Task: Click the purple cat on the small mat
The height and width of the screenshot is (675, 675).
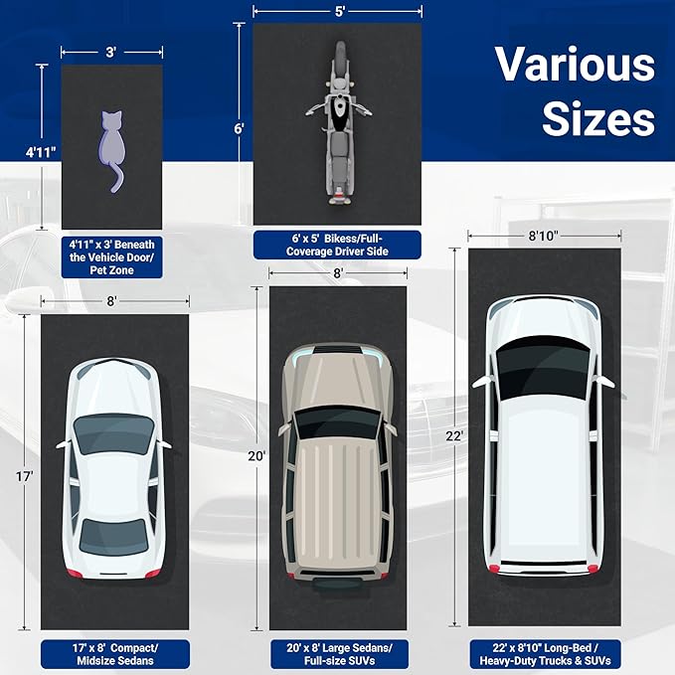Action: pyautogui.click(x=111, y=146)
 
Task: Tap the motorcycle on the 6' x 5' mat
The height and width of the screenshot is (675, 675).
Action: pyautogui.click(x=339, y=122)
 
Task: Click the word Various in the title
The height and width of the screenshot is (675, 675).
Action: pyautogui.click(x=576, y=65)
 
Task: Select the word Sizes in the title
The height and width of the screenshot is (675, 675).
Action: pyautogui.click(x=598, y=118)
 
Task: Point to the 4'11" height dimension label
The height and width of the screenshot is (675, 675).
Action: pyautogui.click(x=41, y=152)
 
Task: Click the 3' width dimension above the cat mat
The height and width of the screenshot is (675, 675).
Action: pyautogui.click(x=111, y=52)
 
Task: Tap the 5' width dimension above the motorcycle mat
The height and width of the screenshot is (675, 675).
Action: pyautogui.click(x=340, y=12)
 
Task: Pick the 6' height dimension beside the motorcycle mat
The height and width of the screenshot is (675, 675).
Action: pyautogui.click(x=240, y=128)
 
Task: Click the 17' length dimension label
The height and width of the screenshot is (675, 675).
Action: pyautogui.click(x=25, y=476)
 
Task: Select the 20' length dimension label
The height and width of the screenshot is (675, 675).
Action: pyautogui.click(x=257, y=456)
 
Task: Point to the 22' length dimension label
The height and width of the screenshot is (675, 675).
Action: pyautogui.click(x=454, y=436)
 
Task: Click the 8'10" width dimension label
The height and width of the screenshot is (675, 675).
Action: pyautogui.click(x=544, y=236)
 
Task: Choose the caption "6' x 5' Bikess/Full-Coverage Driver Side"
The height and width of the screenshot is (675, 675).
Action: pyautogui.click(x=337, y=245)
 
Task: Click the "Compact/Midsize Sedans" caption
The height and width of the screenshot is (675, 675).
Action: pyautogui.click(x=115, y=654)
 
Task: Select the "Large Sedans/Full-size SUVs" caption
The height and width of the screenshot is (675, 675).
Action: pyautogui.click(x=339, y=654)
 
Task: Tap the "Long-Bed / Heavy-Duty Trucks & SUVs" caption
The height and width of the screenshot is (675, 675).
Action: pyautogui.click(x=545, y=654)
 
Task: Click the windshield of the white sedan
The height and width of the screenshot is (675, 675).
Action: pyautogui.click(x=113, y=432)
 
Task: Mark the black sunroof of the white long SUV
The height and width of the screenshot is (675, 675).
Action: pyautogui.click(x=543, y=367)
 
